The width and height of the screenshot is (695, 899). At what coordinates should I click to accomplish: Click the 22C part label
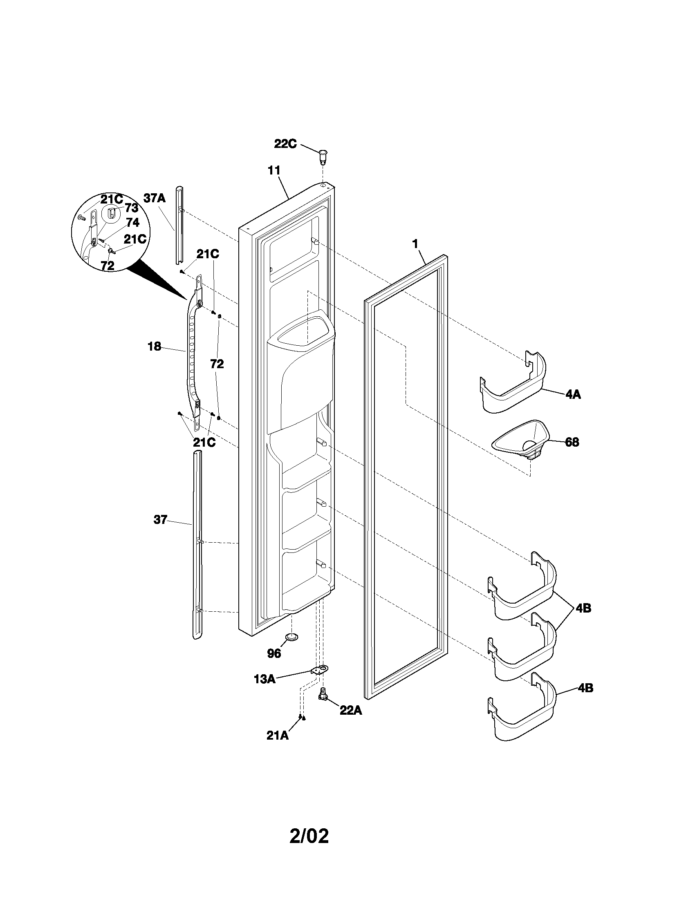[x=285, y=144]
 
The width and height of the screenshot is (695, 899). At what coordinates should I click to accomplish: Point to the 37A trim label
[x=155, y=198]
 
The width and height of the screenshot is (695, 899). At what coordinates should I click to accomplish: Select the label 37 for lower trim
[x=160, y=519]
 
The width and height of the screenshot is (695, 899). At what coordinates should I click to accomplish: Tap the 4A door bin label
[x=573, y=394]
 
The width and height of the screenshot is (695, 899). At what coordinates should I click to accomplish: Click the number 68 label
[x=572, y=442]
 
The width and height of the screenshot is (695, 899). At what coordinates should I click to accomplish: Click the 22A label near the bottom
[x=350, y=710]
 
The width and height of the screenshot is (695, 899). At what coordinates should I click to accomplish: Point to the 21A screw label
[x=278, y=736]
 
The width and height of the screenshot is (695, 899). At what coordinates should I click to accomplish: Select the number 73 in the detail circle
[x=131, y=208]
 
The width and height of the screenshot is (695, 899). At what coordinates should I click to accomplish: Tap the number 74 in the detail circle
[x=132, y=223]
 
